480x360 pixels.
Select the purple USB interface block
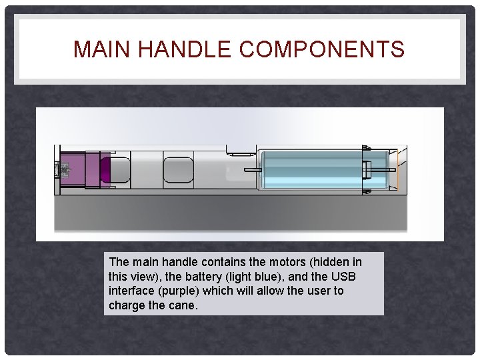[x=83, y=170]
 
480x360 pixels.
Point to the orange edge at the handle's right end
[x=397, y=171]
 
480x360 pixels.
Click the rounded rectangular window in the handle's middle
[x=178, y=170]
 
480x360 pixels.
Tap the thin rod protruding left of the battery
[x=253, y=170]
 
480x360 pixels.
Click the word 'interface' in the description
[x=129, y=291]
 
